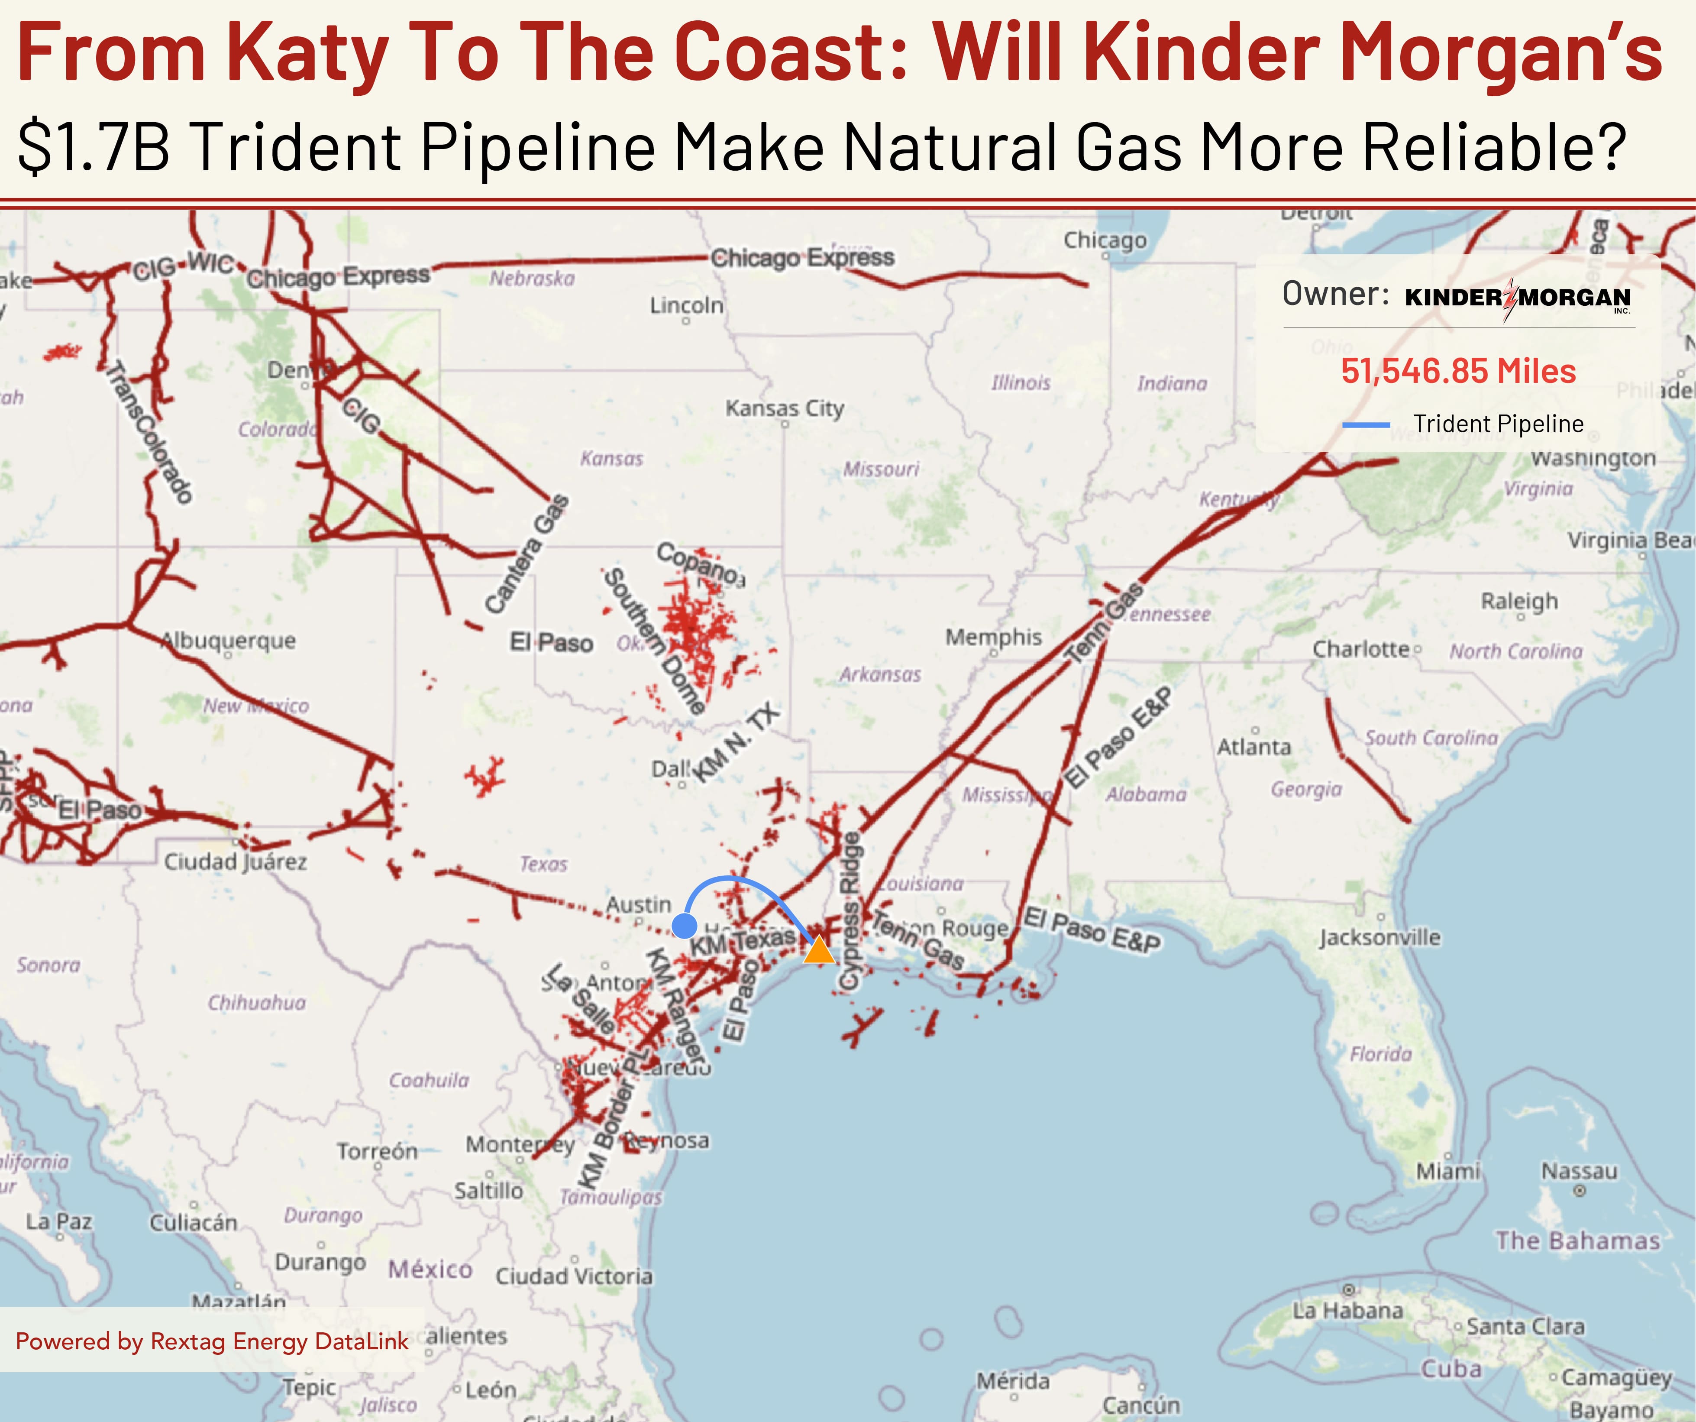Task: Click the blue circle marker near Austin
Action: pos(684,925)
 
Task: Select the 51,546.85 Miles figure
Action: pos(1458,371)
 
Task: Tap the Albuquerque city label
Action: pos(229,641)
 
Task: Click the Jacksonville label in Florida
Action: pos(1379,937)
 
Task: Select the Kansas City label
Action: pos(784,408)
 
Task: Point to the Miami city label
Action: pos(1448,1171)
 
